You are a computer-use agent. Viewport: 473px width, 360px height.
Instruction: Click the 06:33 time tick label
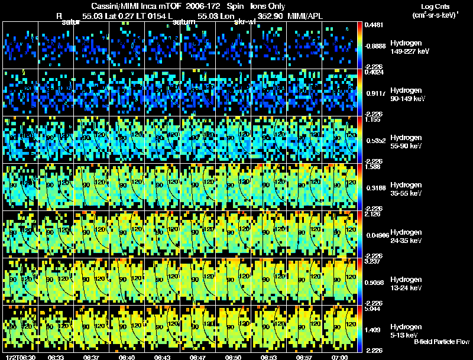tap(56, 357)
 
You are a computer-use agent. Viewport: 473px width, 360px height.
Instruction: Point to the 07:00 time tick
tap(339, 357)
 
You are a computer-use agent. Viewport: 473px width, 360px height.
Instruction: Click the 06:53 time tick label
tap(269, 357)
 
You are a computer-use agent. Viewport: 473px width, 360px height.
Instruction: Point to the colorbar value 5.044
tap(372, 309)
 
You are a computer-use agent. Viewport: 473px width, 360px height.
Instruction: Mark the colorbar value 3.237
tap(372, 261)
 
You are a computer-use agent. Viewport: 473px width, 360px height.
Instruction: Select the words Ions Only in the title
tap(268, 6)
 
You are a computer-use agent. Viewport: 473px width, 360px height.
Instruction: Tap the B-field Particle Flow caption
tap(442, 342)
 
